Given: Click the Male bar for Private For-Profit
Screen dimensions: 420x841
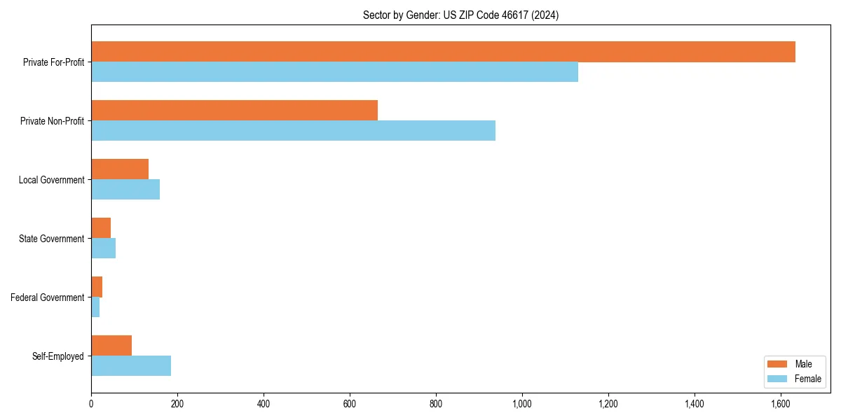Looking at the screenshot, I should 443,52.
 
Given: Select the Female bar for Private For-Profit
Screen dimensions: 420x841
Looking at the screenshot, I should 334,72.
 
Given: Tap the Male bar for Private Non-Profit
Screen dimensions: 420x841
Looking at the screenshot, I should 234,111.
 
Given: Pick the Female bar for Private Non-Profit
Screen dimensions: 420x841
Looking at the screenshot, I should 293,131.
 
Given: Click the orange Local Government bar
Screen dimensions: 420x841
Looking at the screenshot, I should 120,169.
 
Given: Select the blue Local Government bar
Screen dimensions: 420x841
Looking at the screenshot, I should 125,190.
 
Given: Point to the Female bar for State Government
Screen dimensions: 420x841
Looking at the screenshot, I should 103,248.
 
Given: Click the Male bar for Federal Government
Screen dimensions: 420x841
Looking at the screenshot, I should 97,287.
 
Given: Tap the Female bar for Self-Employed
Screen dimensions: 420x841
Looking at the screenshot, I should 131,366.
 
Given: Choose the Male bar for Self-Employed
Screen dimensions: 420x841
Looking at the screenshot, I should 111,346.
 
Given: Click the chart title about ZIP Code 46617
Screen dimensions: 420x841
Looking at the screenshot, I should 460,15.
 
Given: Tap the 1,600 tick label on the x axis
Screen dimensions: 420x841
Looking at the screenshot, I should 781,404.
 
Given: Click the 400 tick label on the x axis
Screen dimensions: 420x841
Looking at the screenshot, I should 264,404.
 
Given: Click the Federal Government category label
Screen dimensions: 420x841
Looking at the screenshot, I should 48,297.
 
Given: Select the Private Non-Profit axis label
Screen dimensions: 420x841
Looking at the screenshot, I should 52,121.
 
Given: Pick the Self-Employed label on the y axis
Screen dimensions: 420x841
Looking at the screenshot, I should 58,356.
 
